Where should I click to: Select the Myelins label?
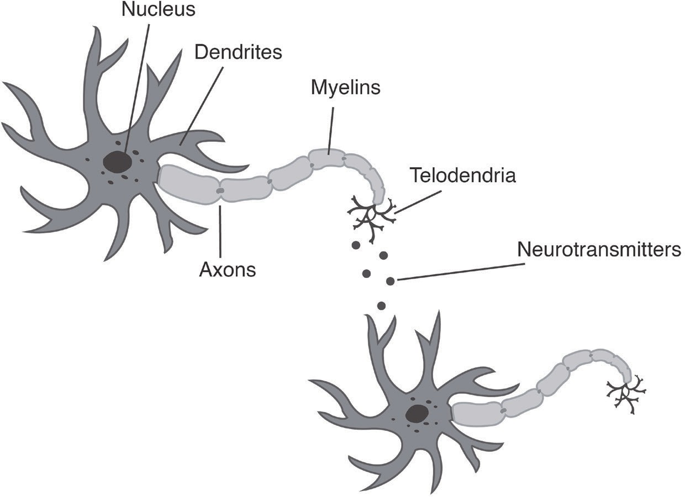346,87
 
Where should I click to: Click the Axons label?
228,270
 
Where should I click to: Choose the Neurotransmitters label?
600,249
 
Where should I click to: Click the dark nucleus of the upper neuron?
118,162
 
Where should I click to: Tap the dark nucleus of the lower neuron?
417,413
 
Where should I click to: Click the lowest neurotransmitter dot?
381,306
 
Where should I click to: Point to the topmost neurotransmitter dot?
356,244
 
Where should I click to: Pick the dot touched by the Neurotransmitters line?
391,281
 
